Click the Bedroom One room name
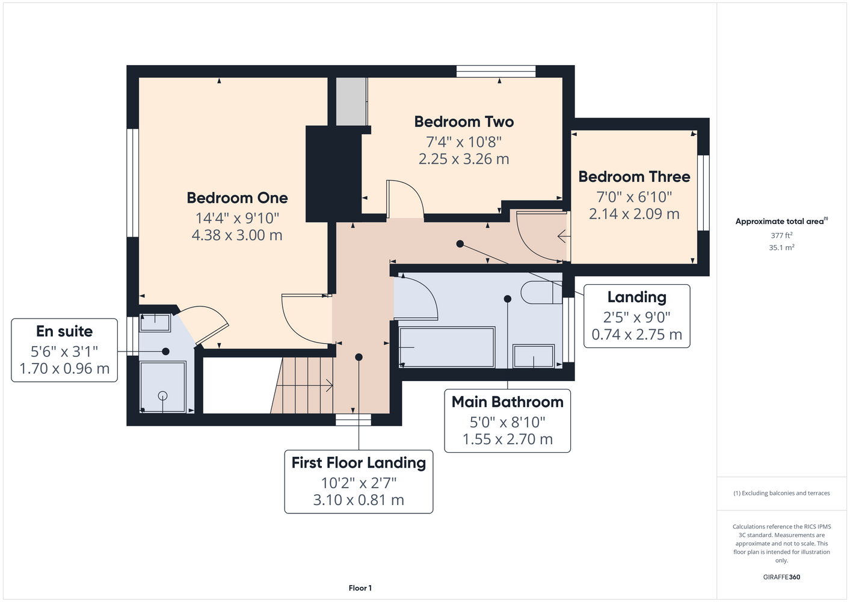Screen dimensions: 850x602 pos(237,198)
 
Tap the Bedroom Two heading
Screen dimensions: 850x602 pos(464,122)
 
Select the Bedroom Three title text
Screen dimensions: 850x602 pos(634,177)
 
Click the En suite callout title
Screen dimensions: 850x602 pos(64,331)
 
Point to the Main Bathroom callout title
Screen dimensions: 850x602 pos(507,402)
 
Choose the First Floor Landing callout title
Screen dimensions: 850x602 pos(359,463)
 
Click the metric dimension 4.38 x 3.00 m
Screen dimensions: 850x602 pos(237,235)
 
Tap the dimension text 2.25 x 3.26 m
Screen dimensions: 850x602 pos(464,159)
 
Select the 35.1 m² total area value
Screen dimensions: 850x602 pos(781,247)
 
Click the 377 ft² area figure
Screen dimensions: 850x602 pos(781,235)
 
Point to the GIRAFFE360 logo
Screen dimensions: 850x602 pos(781,577)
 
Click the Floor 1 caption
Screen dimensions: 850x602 pos(360,588)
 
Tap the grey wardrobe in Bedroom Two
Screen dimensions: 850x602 pos(351,101)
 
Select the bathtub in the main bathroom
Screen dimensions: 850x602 pos(447,347)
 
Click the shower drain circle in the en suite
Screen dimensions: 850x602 pos(163,396)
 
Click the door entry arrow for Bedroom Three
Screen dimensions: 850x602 pos(564,236)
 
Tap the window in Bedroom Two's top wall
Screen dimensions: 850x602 pos(496,72)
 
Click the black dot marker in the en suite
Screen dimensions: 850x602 pos(165,352)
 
